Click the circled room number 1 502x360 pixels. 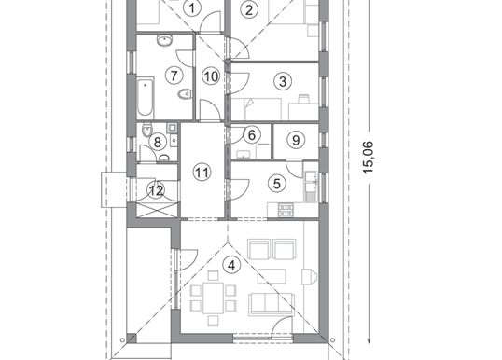point(192,8)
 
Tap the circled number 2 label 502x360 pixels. point(249,10)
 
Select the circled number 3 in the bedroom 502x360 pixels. point(283,81)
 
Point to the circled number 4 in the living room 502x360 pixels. point(231,265)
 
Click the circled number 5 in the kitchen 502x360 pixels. point(277,184)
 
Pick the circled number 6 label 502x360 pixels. point(252,135)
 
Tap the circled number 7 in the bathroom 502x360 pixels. point(174,76)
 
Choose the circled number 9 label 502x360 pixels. point(296,140)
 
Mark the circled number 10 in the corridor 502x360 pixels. point(211,76)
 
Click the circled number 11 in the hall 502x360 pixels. point(202,173)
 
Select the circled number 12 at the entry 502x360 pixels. point(156,190)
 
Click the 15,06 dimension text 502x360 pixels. point(369,157)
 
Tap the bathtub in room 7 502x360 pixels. point(146,97)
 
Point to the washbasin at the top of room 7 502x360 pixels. point(164,40)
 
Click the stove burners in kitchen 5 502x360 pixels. point(286,210)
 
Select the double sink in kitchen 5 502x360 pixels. point(311,182)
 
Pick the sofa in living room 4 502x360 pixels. point(272,304)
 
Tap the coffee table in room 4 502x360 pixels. point(272,276)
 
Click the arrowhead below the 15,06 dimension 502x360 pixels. point(369,340)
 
